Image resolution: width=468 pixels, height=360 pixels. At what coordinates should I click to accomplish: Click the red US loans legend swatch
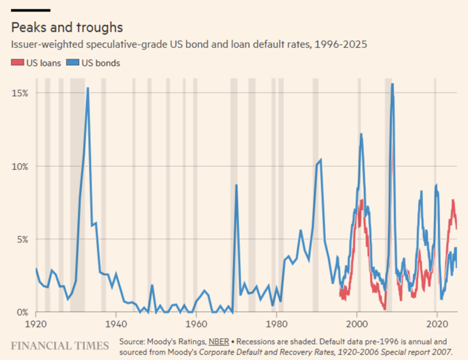(16, 63)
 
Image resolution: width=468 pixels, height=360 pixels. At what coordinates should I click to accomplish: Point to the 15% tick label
(19, 93)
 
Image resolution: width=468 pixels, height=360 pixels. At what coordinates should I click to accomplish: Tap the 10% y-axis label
(19, 166)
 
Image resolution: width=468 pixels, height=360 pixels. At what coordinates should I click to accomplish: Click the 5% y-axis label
(22, 239)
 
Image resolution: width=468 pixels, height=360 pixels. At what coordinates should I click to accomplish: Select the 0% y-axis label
(22, 312)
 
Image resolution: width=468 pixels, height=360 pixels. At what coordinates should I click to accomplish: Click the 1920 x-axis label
(36, 324)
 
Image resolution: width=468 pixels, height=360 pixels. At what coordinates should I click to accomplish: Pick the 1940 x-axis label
(116, 324)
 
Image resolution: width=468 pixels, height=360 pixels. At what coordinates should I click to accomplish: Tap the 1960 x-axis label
(196, 324)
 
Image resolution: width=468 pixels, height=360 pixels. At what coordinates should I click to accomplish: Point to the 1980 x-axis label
(277, 324)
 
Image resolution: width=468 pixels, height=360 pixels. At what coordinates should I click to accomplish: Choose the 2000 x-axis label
(357, 324)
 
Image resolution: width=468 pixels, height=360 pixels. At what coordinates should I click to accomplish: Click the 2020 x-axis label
(437, 324)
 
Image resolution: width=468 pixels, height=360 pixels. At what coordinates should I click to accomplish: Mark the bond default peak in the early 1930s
(88, 88)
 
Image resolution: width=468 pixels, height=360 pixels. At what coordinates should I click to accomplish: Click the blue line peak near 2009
(392, 84)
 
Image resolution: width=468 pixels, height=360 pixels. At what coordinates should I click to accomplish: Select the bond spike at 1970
(236, 185)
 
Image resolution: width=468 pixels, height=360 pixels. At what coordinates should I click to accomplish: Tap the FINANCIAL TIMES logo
(60, 346)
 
